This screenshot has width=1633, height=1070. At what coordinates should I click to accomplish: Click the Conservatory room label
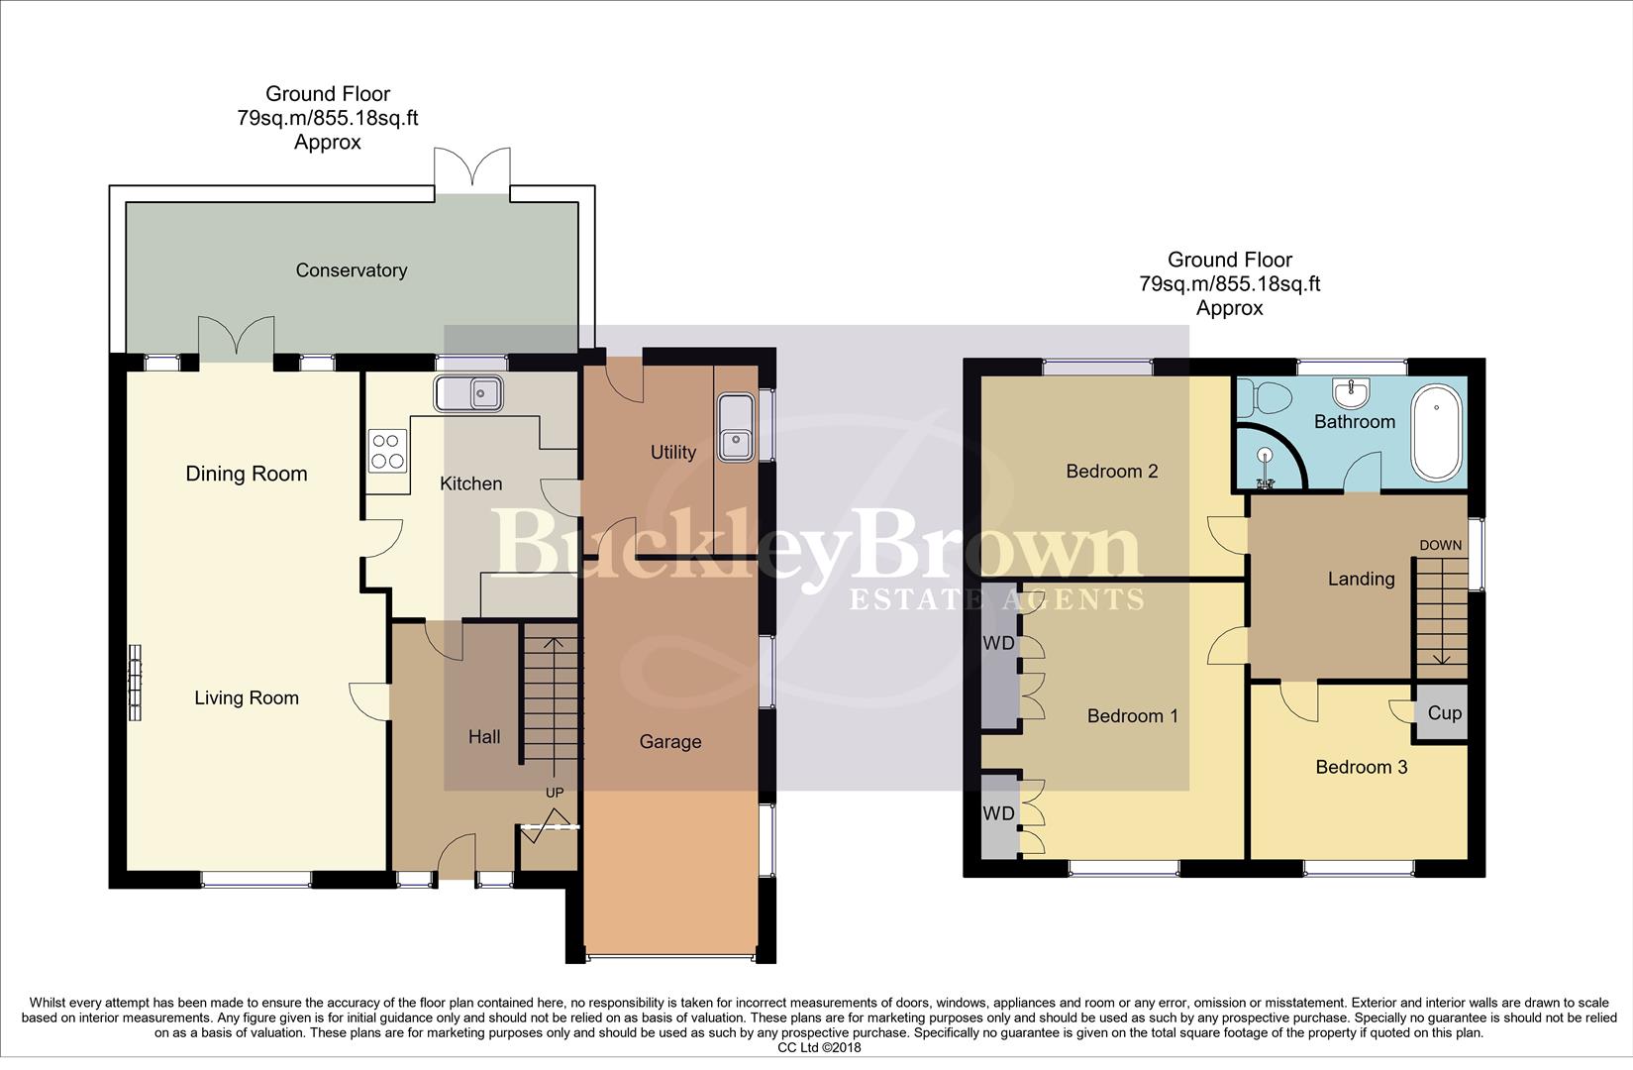click(x=351, y=270)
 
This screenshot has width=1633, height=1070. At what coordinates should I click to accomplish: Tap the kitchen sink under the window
click(x=468, y=393)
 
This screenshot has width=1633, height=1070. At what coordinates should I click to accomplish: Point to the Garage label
click(x=670, y=742)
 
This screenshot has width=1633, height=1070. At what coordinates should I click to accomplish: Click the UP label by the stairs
click(x=556, y=793)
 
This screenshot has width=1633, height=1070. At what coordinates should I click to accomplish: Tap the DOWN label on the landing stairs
click(x=1440, y=545)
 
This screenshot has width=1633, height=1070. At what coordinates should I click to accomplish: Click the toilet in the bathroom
click(x=1271, y=400)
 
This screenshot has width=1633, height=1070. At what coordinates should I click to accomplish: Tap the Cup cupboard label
click(x=1444, y=713)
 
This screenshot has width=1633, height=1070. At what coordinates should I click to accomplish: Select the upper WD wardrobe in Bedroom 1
click(x=999, y=644)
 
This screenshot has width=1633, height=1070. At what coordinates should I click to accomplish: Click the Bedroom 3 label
click(x=1361, y=767)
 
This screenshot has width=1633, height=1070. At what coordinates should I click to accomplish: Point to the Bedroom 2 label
click(x=1111, y=472)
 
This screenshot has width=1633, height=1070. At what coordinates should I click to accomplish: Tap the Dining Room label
click(x=247, y=474)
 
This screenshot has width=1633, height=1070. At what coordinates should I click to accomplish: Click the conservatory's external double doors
click(x=472, y=167)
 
